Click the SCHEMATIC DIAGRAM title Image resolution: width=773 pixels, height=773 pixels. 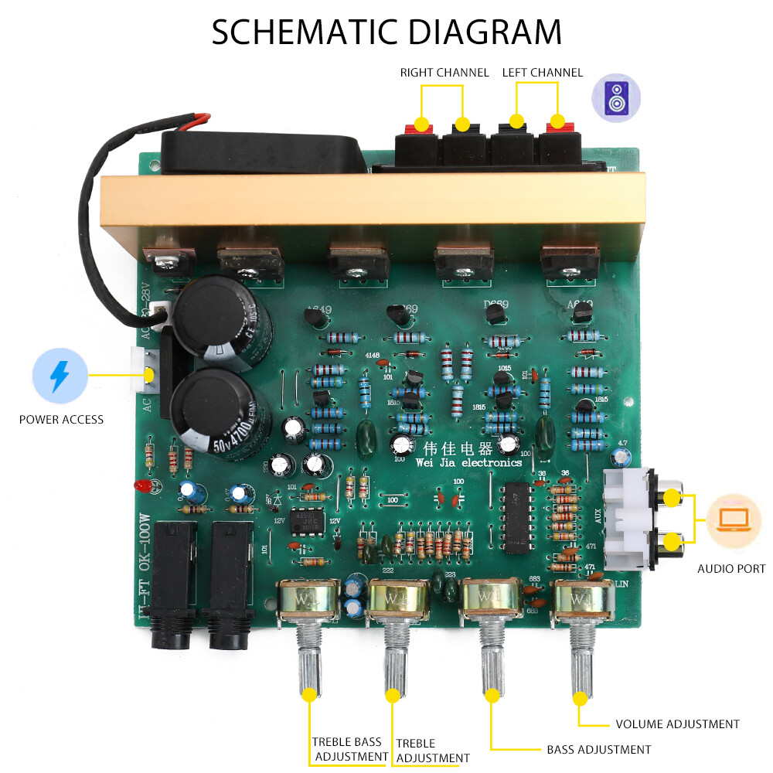[x=386, y=32]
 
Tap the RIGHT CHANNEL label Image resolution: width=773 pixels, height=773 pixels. [x=444, y=73]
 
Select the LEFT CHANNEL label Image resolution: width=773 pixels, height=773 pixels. [x=542, y=73]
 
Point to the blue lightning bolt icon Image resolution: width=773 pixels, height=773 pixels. [x=59, y=376]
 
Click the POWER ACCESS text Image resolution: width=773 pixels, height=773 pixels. [x=61, y=420]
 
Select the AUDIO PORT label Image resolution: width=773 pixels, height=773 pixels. [x=731, y=569]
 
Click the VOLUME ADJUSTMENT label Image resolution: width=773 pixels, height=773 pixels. [x=677, y=724]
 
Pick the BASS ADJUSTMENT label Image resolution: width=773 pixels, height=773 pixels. [x=598, y=749]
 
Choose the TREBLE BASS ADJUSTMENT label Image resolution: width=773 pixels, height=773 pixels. [x=350, y=749]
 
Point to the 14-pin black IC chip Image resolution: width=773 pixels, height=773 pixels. [x=516, y=516]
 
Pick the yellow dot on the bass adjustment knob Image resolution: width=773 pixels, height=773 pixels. [x=490, y=696]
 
